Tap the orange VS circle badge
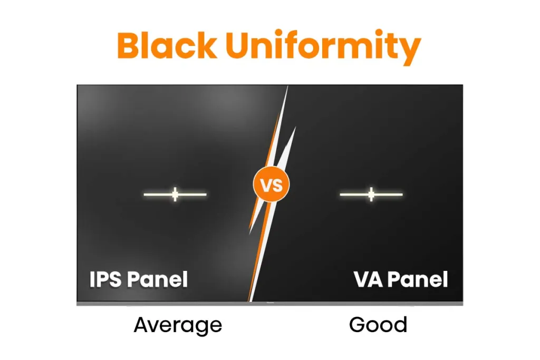coord(271,186)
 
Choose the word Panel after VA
coord(417,279)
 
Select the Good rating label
coord(378,325)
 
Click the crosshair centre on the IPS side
coord(175,194)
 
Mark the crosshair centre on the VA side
coord(371,194)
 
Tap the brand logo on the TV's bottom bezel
coord(270,303)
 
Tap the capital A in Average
coord(142,325)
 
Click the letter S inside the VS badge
coord(277,186)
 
